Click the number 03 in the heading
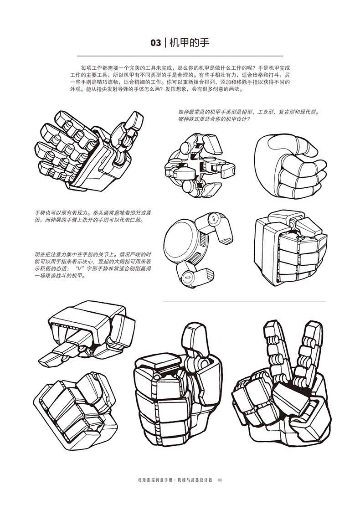point(155,43)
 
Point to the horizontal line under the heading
point(180,56)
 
